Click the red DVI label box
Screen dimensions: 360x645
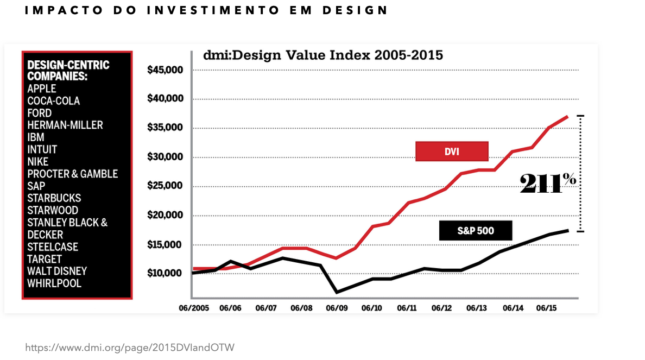(452, 151)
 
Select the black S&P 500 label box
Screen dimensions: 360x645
(475, 231)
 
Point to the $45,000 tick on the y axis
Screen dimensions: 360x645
(165, 70)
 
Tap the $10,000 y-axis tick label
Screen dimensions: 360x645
(165, 273)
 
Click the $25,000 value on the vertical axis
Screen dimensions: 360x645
(165, 186)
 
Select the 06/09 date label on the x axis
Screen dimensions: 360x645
(337, 308)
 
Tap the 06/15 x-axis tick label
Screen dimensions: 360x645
(547, 308)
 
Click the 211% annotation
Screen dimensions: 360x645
(547, 184)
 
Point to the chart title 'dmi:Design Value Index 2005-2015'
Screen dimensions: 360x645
(323, 55)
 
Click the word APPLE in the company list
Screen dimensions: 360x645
(42, 89)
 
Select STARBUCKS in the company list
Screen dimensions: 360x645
(54, 198)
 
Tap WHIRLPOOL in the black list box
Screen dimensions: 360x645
(54, 283)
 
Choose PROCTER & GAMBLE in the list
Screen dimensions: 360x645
(73, 174)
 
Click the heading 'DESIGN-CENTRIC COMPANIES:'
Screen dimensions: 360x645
(68, 71)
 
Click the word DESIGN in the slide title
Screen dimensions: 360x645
(355, 10)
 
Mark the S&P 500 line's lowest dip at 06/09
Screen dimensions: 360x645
(337, 293)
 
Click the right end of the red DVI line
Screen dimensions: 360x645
(568, 116)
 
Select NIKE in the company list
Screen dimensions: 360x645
(38, 162)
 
